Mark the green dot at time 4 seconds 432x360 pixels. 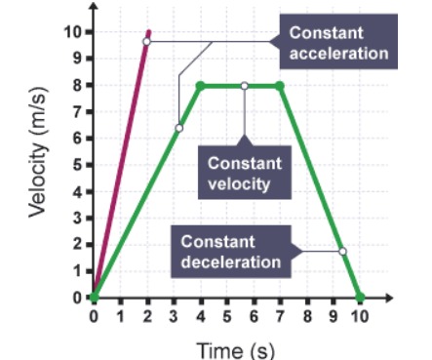tap(200, 86)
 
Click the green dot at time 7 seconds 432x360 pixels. tap(281, 86)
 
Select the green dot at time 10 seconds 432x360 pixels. tap(361, 297)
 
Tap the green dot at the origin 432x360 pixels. tap(94, 297)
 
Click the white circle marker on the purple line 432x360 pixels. tap(146, 42)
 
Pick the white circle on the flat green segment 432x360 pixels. tap(244, 86)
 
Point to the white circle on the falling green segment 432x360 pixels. tap(342, 252)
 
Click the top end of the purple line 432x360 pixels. tap(148, 31)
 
